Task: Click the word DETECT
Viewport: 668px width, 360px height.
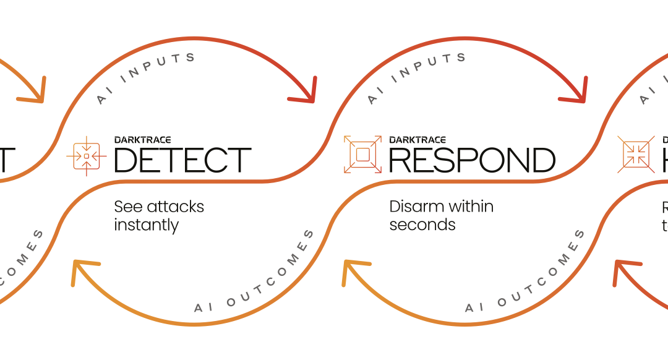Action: click(x=182, y=160)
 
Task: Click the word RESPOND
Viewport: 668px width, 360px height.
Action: click(x=472, y=160)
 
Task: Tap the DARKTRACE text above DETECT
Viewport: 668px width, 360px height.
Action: click(x=143, y=140)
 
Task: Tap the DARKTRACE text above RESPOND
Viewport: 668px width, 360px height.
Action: click(x=418, y=140)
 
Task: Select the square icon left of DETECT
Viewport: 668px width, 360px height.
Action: click(x=86, y=156)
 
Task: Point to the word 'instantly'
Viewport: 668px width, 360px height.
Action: click(x=146, y=225)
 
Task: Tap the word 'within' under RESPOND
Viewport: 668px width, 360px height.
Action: click(x=469, y=207)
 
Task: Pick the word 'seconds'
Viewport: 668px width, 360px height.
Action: click(x=422, y=225)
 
